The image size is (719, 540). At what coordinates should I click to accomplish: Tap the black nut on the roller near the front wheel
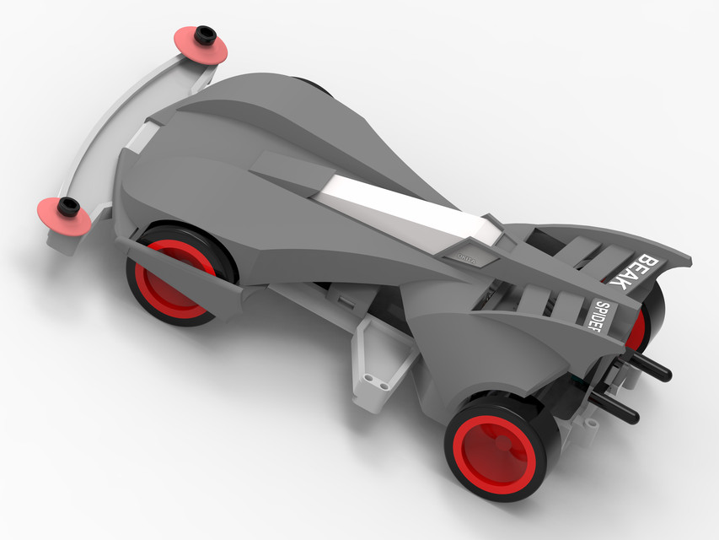[68, 204]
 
